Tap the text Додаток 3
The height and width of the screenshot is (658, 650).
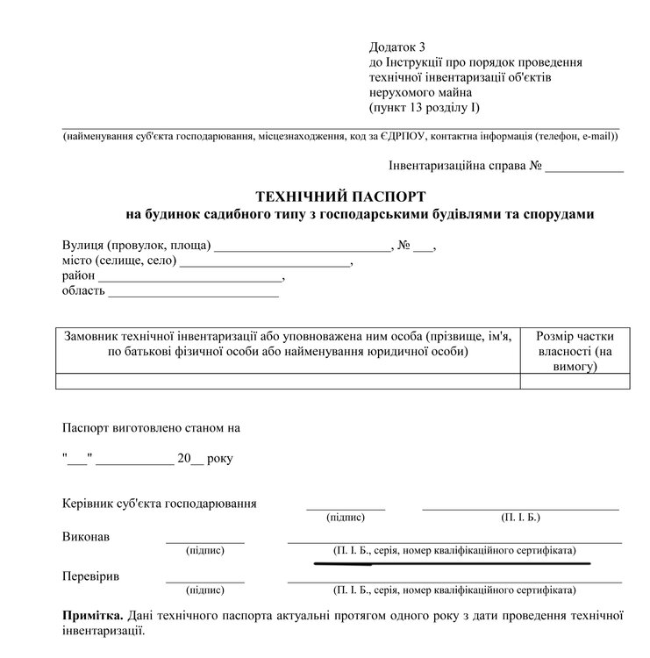(397, 46)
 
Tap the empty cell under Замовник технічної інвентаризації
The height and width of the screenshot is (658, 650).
(288, 381)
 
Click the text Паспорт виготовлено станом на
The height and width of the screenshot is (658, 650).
(151, 429)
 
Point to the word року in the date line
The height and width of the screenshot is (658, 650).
(220, 458)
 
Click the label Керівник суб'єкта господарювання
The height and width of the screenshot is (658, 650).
(161, 504)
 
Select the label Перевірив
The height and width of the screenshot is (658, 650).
(91, 577)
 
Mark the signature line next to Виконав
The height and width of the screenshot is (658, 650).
(205, 542)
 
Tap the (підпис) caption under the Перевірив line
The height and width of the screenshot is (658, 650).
(205, 590)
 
